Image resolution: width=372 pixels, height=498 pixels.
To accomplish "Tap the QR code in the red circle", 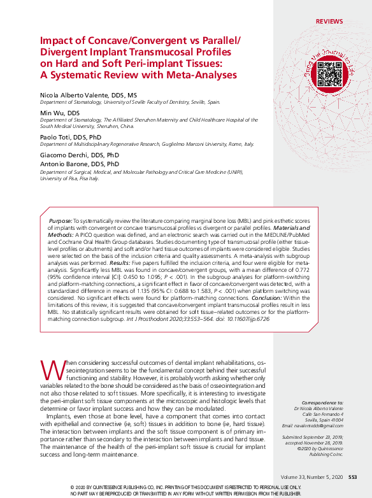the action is [x=330, y=74].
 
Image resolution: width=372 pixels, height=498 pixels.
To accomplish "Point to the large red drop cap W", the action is [x=50, y=370].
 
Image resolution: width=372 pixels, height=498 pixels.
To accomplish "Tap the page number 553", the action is [x=352, y=477].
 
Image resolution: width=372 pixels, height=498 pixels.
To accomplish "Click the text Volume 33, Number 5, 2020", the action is [x=311, y=477].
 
